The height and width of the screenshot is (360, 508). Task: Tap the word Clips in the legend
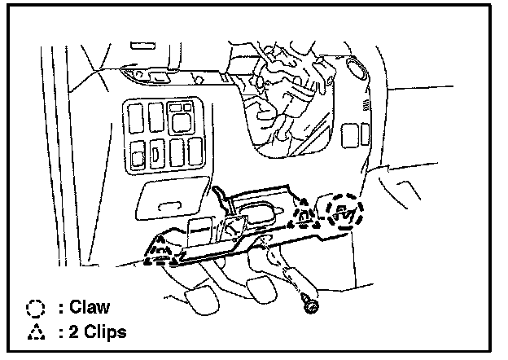coord(107,332)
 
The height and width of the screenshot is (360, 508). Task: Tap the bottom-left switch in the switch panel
coord(135,151)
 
